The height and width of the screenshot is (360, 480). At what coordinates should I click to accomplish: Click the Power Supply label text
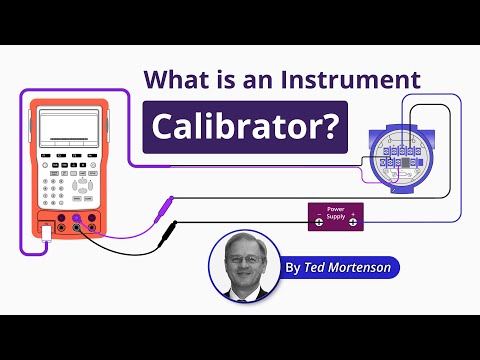pos(333,211)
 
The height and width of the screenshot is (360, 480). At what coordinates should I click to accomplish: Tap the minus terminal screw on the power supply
pos(319,222)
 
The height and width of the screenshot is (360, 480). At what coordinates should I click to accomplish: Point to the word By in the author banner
pos(292,267)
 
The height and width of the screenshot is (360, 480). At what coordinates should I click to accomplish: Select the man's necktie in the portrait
pos(244,291)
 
